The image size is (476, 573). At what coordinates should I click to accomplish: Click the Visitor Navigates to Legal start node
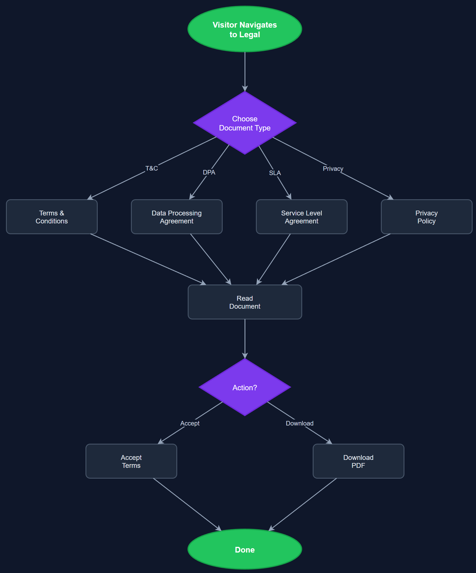click(245, 29)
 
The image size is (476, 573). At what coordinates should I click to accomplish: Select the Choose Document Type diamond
click(245, 123)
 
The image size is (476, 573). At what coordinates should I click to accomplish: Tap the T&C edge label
click(152, 168)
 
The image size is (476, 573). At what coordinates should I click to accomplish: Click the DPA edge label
click(209, 172)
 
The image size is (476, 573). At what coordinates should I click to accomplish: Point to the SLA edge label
click(275, 173)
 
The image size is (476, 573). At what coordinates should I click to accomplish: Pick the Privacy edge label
click(333, 169)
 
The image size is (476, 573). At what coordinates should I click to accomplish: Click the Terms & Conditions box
click(52, 217)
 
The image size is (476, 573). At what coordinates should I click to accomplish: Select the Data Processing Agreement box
click(177, 217)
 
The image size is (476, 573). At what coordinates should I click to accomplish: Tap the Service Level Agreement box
click(302, 217)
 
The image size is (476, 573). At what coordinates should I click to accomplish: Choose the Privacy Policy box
click(426, 217)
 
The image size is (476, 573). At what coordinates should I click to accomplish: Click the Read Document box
click(245, 302)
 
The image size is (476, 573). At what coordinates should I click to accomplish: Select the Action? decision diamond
click(245, 387)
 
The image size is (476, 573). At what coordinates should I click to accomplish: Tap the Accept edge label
click(190, 423)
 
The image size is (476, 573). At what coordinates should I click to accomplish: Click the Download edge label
click(300, 423)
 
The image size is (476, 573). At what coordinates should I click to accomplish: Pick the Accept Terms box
click(131, 461)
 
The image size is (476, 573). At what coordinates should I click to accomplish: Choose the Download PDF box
click(358, 461)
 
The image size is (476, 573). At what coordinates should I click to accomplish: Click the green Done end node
click(245, 549)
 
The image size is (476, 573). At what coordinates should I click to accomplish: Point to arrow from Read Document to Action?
click(245, 338)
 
